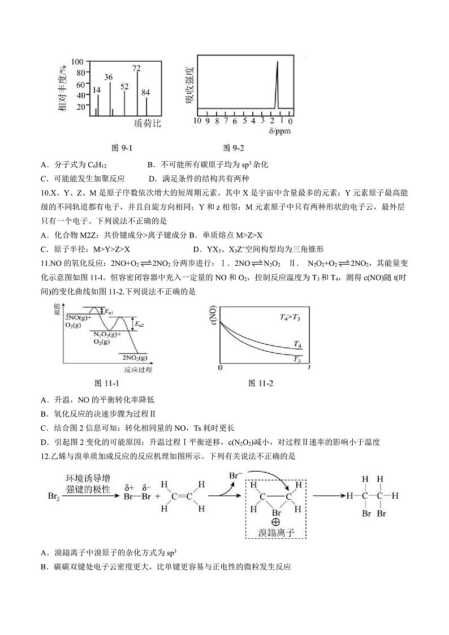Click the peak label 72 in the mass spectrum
tap(136, 68)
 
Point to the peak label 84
tap(146, 92)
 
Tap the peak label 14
tap(97, 90)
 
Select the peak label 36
tap(109, 77)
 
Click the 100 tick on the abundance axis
tap(77, 62)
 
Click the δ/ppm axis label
tap(278, 131)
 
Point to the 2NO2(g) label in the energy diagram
tap(135, 357)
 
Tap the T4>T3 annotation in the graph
tap(291, 317)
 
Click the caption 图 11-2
tap(261, 383)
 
